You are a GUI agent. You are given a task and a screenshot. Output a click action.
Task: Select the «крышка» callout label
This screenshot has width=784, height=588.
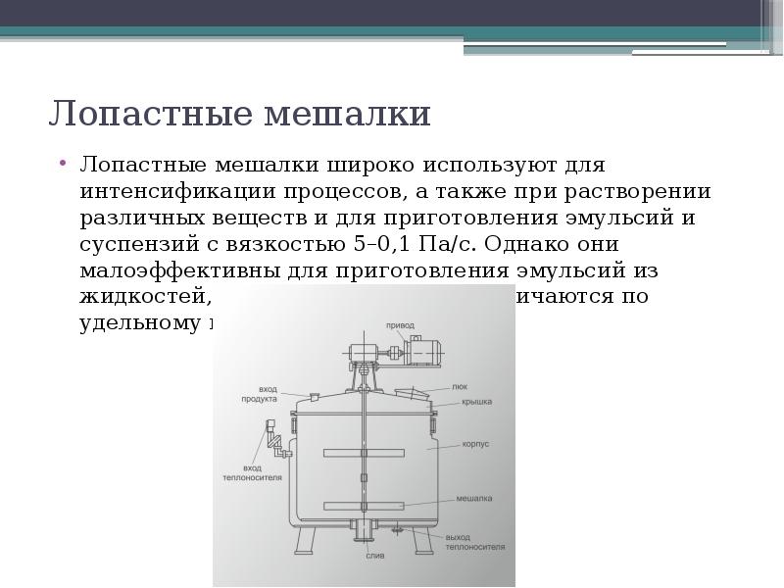coord(476,402)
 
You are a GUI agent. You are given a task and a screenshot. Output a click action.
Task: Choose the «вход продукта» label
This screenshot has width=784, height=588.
coord(261,395)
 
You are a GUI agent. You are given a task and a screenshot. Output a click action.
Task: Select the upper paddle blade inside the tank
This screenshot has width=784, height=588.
coord(363,453)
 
